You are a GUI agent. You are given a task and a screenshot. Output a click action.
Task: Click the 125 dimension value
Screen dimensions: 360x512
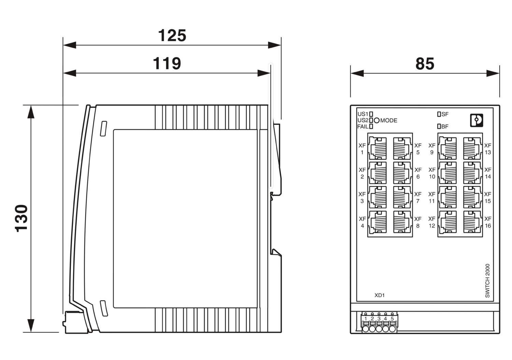(172, 35)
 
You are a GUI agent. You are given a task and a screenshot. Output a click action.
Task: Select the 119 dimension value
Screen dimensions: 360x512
(167, 63)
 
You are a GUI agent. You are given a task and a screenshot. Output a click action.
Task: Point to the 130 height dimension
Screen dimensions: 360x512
(21, 218)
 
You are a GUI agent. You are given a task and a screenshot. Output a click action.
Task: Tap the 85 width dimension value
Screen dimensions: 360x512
(425, 64)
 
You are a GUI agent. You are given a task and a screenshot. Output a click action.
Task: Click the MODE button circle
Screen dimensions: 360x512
(377, 120)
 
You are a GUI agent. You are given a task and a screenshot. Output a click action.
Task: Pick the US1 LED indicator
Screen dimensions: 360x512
(371, 114)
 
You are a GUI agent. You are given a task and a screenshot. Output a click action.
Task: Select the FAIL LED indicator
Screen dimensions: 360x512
(371, 127)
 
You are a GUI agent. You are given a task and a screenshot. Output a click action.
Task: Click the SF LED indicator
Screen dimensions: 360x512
(439, 114)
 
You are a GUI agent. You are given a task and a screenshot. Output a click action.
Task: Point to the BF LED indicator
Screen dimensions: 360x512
(439, 127)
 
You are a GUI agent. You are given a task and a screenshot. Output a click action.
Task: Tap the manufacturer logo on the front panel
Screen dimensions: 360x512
(477, 120)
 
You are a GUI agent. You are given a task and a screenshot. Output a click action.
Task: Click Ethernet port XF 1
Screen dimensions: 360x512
(378, 148)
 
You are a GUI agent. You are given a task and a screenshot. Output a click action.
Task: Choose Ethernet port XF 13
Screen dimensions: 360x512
(472, 148)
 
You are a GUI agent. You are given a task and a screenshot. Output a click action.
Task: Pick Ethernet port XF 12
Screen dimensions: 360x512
(447, 222)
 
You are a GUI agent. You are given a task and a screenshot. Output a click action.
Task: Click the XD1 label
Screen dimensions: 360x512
(380, 296)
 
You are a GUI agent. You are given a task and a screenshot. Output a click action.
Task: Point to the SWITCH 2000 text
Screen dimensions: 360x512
(487, 280)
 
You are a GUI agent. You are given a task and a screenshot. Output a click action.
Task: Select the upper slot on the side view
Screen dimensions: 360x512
(103, 129)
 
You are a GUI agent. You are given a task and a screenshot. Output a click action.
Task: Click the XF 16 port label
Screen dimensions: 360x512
(488, 222)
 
